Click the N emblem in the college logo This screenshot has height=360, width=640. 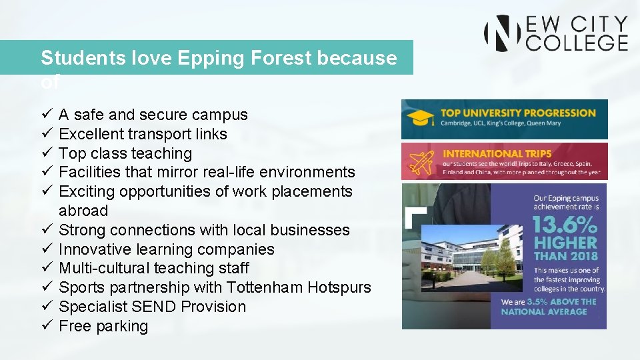pyautogui.click(x=502, y=33)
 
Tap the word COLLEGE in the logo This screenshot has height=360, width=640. pyautogui.click(x=577, y=43)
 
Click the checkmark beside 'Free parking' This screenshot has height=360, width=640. pyautogui.click(x=46, y=326)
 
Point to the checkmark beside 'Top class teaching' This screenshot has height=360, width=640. pyautogui.click(x=46, y=153)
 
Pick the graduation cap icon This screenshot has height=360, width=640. pyautogui.click(x=421, y=119)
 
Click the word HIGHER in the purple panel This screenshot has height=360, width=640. pyautogui.click(x=565, y=243)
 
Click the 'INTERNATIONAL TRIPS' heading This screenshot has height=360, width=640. pyautogui.click(x=497, y=153)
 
